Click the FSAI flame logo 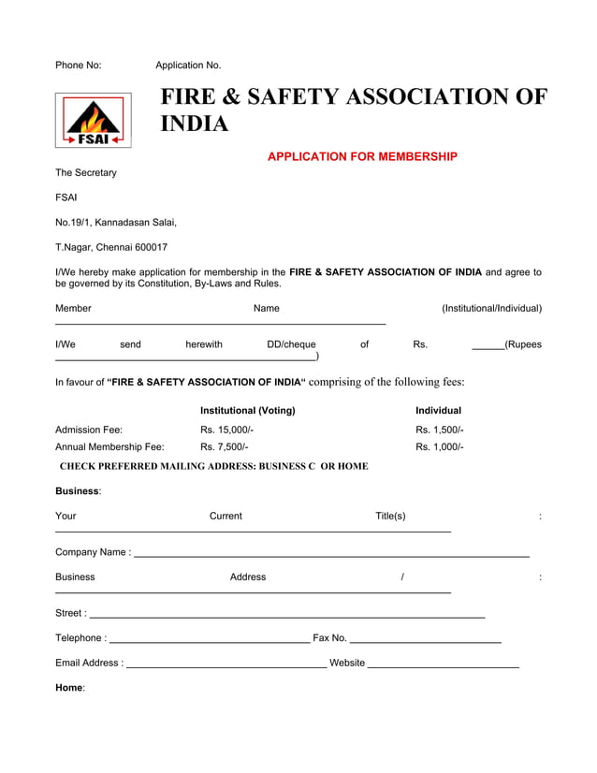(x=93, y=121)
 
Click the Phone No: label (x=78, y=66)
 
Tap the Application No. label (x=188, y=66)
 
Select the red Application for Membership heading (x=362, y=156)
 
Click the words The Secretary (x=86, y=173)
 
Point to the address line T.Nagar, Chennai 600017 (x=111, y=248)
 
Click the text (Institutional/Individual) (x=491, y=309)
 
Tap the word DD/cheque (x=291, y=344)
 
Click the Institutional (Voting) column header (x=247, y=411)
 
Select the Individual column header (x=438, y=411)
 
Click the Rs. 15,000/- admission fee (x=226, y=430)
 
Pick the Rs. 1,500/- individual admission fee (x=439, y=430)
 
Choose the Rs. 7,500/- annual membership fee (x=224, y=447)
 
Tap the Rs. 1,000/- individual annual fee (x=439, y=447)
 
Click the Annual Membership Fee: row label (x=109, y=447)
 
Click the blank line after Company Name (x=331, y=555)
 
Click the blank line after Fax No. (x=425, y=641)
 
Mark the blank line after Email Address (x=226, y=665)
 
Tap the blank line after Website (x=444, y=665)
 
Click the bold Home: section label (x=70, y=688)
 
